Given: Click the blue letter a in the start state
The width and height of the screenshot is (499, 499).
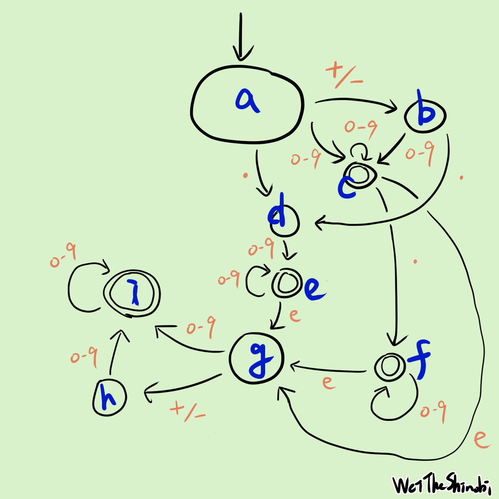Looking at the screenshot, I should click(248, 101).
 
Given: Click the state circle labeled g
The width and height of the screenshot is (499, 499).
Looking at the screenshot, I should click(257, 358).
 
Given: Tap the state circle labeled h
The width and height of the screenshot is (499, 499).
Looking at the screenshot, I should click(109, 397).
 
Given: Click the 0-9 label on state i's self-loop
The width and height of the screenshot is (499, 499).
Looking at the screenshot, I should click(63, 254).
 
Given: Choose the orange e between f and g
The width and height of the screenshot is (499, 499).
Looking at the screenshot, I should click(328, 382).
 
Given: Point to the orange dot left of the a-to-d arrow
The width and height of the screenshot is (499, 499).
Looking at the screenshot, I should click(245, 175).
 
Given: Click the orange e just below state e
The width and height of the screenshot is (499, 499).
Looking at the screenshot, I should click(295, 315).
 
